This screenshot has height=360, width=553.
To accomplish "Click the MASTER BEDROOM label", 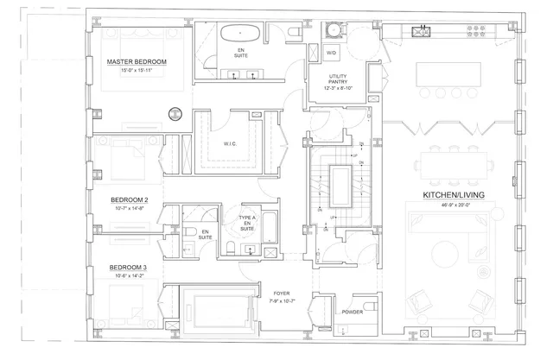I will (x=136, y=63).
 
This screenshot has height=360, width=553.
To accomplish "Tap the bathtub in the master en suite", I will (x=235, y=35).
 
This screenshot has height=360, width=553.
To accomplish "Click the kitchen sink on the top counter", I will (x=423, y=34).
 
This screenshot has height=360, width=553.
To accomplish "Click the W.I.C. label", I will (x=230, y=144).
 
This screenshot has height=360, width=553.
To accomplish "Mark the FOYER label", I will (x=281, y=293).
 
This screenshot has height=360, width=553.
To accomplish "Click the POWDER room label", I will (x=353, y=312).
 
